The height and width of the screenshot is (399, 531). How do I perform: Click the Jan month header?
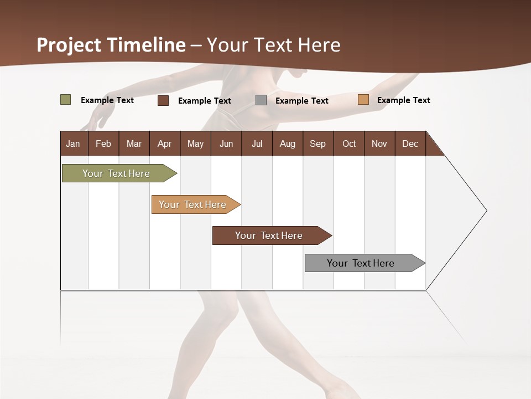(74, 144)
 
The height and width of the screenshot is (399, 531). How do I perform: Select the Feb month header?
(103, 144)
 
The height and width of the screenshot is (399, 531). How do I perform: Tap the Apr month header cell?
(164, 144)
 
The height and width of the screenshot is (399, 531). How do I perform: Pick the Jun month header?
(226, 144)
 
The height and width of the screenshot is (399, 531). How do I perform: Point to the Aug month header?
(287, 144)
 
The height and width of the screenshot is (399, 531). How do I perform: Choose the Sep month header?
(317, 144)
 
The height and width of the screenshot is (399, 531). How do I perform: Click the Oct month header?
(349, 144)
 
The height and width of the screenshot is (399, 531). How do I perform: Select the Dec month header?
(410, 144)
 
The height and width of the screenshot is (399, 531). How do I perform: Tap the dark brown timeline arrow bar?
(269, 236)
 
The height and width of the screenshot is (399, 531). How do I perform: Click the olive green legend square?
(65, 100)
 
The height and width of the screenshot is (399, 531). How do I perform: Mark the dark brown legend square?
(163, 100)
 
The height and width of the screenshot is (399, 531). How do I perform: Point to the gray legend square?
(261, 100)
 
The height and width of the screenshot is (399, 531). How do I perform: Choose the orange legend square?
(363, 100)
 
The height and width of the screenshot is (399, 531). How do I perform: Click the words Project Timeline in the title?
(111, 45)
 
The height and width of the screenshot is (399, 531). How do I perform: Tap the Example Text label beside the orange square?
(403, 100)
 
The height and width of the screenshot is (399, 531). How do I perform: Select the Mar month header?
(134, 144)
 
